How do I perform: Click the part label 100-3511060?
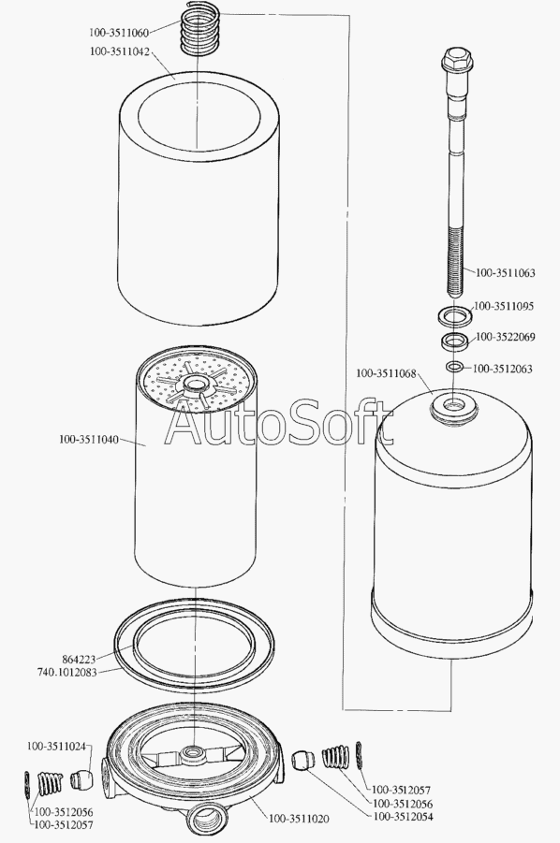click(118, 33)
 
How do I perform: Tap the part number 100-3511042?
click(120, 51)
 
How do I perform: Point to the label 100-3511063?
click(506, 272)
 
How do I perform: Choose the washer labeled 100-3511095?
click(455, 315)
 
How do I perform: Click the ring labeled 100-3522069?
click(455, 341)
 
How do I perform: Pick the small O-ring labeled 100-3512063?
click(454, 367)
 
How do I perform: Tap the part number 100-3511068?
click(386, 373)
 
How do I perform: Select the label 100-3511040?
click(89, 439)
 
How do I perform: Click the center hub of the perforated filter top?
click(193, 385)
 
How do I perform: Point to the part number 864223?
click(79, 659)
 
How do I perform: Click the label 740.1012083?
click(67, 672)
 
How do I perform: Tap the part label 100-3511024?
click(56, 747)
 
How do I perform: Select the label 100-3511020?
click(299, 819)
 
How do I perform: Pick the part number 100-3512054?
click(403, 817)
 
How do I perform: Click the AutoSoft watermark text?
click(279, 424)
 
